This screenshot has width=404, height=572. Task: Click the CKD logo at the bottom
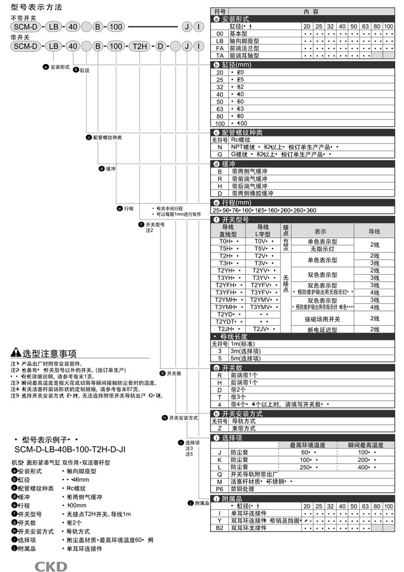(x=51, y=566)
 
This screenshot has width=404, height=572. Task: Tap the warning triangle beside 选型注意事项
(x=16, y=354)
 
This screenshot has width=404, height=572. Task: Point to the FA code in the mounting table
(x=219, y=47)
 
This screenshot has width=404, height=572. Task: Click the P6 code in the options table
(x=219, y=488)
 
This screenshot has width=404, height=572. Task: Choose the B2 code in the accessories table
(x=219, y=527)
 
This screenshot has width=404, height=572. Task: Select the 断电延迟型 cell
(x=322, y=329)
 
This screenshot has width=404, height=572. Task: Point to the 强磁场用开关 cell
(x=322, y=318)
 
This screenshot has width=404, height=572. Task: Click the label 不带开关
(x=23, y=18)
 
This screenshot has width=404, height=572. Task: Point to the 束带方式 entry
(x=243, y=428)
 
